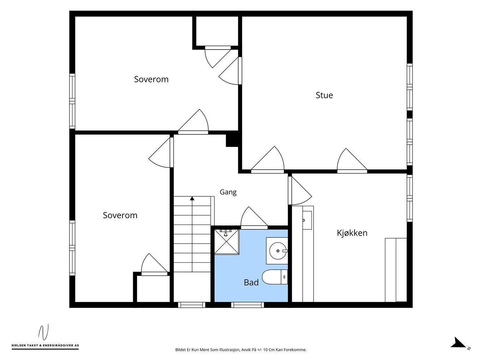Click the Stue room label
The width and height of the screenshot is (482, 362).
tap(324, 95)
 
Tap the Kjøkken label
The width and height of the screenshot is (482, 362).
tap(352, 233)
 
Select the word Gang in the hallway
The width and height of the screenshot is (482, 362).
tap(228, 192)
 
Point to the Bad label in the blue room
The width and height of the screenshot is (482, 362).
tap(251, 282)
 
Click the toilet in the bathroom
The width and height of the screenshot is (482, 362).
tap(275, 277)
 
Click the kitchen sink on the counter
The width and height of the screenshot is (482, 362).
tap(307, 220)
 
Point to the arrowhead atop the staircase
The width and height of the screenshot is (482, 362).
tap(192, 198)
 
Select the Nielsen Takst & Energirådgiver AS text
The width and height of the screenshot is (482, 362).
tap(45, 345)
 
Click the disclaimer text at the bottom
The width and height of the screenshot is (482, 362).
tap(241, 350)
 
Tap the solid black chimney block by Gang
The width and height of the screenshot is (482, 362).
tap(232, 141)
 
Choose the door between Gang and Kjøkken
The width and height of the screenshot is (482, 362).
tap(300, 191)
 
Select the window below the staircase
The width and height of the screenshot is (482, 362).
tap(191, 305)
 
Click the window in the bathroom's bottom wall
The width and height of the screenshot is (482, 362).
tap(248, 305)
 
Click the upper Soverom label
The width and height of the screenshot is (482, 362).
tap(151, 79)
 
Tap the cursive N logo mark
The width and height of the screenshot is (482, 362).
tap(43, 332)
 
